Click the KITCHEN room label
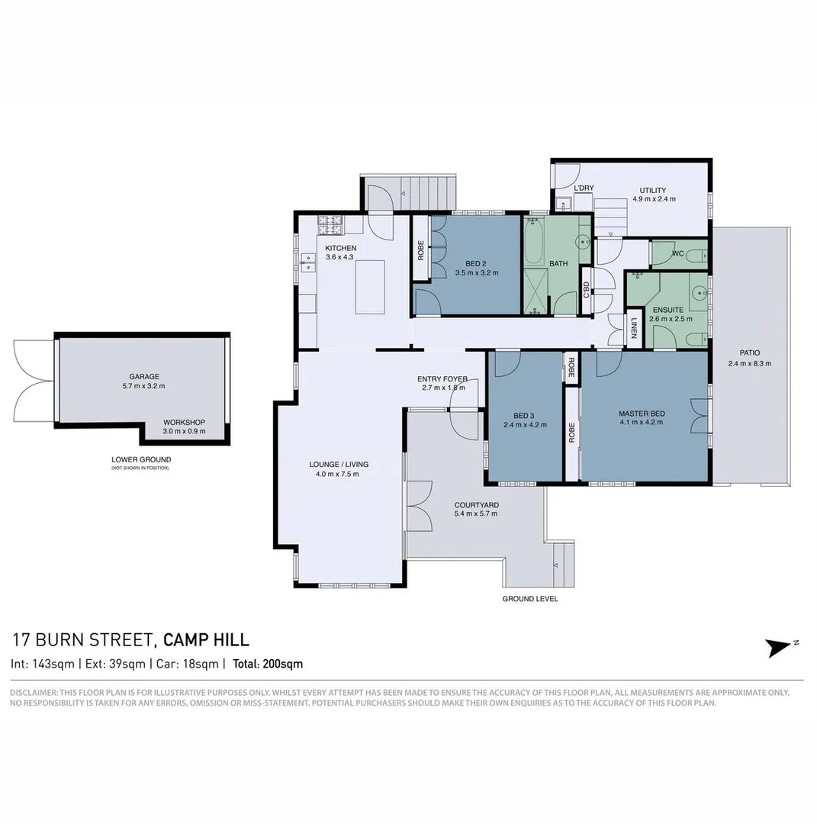point(340,248)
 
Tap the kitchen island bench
point(369,286)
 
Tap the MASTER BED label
point(642,414)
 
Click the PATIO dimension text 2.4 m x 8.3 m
point(749,363)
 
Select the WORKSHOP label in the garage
point(185,422)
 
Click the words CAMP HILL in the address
point(206,640)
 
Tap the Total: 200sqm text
point(268,664)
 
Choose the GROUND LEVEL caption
point(529,599)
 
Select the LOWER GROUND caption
point(141,459)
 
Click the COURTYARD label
point(476,504)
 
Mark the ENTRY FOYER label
point(442,378)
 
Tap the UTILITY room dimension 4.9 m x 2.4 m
point(654,199)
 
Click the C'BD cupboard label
point(586,290)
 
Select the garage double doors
point(34,380)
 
